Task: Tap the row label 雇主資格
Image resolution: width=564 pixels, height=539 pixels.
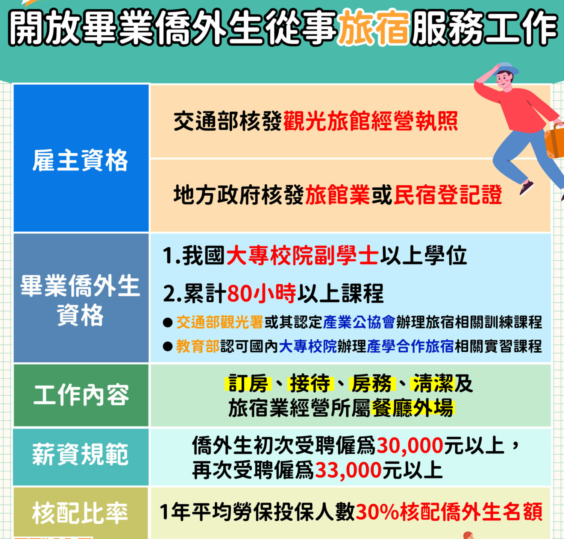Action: tap(80, 160)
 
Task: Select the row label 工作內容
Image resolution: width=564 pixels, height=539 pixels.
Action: tap(81, 395)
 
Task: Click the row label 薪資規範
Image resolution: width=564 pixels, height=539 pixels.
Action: tap(80, 454)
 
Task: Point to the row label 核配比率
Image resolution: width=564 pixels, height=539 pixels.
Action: tap(80, 513)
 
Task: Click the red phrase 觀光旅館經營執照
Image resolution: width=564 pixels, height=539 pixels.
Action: tap(370, 121)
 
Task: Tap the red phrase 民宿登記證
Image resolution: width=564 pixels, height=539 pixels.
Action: tap(448, 195)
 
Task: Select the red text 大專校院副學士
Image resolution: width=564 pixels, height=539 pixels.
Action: tap(302, 256)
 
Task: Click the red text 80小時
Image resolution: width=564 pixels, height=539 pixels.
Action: tap(262, 293)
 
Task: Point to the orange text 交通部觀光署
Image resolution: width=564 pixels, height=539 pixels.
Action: tap(220, 322)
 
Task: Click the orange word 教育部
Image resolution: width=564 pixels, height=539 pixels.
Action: tap(198, 346)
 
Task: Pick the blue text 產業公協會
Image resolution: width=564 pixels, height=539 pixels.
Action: tap(359, 322)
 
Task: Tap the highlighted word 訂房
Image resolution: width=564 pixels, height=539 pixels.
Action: tap(247, 384)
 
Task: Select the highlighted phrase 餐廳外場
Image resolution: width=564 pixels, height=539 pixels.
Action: tap(412, 408)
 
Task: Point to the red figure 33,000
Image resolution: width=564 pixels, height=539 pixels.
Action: tap(348, 470)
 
